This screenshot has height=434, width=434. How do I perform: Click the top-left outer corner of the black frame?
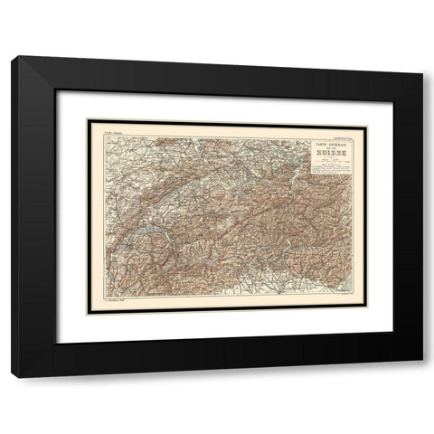tap(11, 57)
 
